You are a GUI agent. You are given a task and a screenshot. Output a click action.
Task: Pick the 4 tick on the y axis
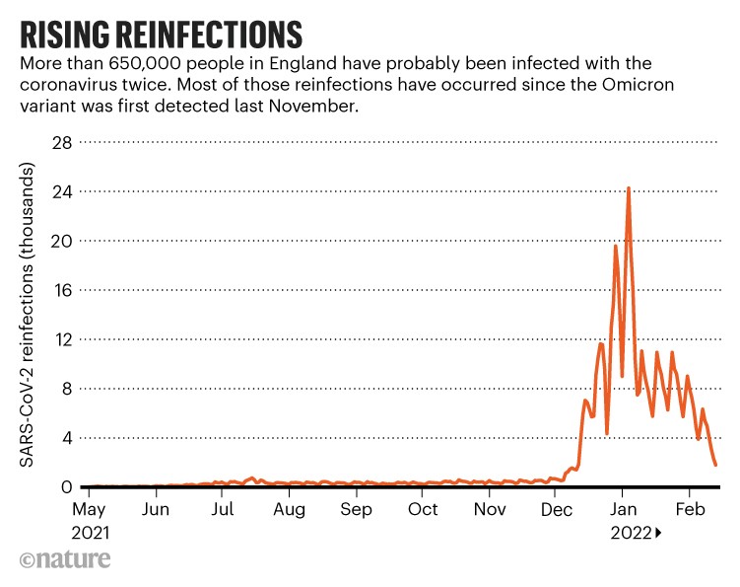63,438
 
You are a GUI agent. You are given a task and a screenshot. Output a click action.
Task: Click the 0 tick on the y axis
63,487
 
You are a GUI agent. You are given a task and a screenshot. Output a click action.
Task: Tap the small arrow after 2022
657,534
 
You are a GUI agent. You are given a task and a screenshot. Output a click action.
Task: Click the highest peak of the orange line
629,188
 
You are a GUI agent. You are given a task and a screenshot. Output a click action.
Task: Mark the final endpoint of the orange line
715,465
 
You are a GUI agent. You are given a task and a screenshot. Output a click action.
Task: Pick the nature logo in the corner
65,559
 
